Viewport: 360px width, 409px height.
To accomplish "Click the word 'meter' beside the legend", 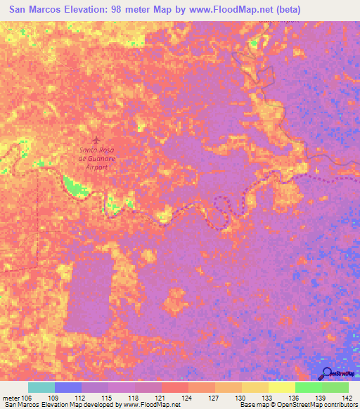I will coord(11,397).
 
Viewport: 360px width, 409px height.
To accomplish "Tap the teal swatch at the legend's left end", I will coord(41,387).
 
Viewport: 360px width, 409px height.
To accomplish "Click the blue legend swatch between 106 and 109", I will coord(68,387).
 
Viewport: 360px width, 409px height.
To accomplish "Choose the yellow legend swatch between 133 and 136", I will coord(281,387).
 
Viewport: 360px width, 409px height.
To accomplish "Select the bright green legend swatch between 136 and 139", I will coord(308,387).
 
